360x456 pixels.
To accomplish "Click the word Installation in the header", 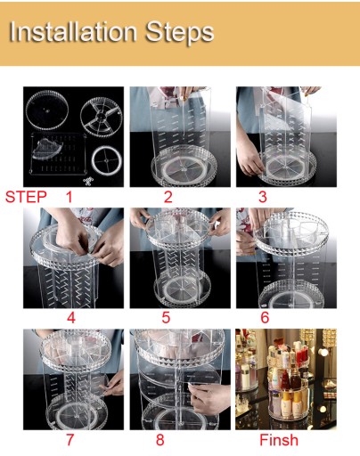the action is pyautogui.click(x=73, y=32).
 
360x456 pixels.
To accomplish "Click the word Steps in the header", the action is pyautogui.click(x=180, y=33).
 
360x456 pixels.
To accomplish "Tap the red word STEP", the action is pyautogui.click(x=26, y=197).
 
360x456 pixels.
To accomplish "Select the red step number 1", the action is pyautogui.click(x=70, y=197).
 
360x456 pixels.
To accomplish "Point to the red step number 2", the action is pyautogui.click(x=168, y=197).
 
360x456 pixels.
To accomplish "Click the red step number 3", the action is pyautogui.click(x=263, y=197).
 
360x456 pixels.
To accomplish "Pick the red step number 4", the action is pyautogui.click(x=71, y=318).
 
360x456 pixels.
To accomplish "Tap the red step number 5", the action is pyautogui.click(x=166, y=318).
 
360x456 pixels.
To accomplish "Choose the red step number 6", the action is pyautogui.click(x=265, y=318).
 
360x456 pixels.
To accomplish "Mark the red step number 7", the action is pyautogui.click(x=70, y=440).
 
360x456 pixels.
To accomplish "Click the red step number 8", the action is pyautogui.click(x=160, y=440).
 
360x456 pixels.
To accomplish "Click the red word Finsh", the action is pyautogui.click(x=279, y=440).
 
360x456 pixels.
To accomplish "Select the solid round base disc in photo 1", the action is pyautogui.click(x=47, y=110).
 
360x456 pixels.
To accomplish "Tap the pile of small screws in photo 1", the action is pyautogui.click(x=88, y=181).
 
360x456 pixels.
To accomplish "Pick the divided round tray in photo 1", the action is pyautogui.click(x=102, y=117).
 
